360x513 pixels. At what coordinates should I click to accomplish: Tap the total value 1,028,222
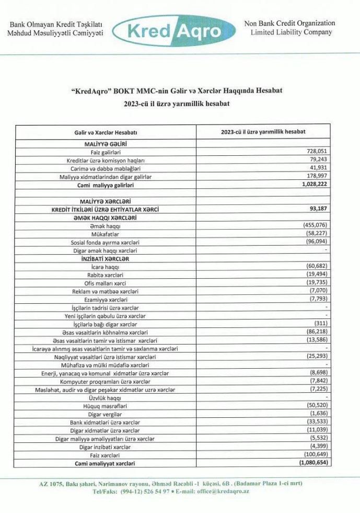click(313, 184)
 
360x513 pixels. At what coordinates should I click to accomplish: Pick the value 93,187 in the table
click(318, 209)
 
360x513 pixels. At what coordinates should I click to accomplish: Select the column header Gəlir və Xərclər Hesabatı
click(106, 133)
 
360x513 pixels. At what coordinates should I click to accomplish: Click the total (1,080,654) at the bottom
click(313, 463)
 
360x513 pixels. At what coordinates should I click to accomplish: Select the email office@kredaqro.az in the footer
click(220, 492)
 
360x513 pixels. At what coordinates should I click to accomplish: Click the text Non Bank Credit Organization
click(289, 24)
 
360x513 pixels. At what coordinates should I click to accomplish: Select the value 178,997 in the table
click(317, 176)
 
